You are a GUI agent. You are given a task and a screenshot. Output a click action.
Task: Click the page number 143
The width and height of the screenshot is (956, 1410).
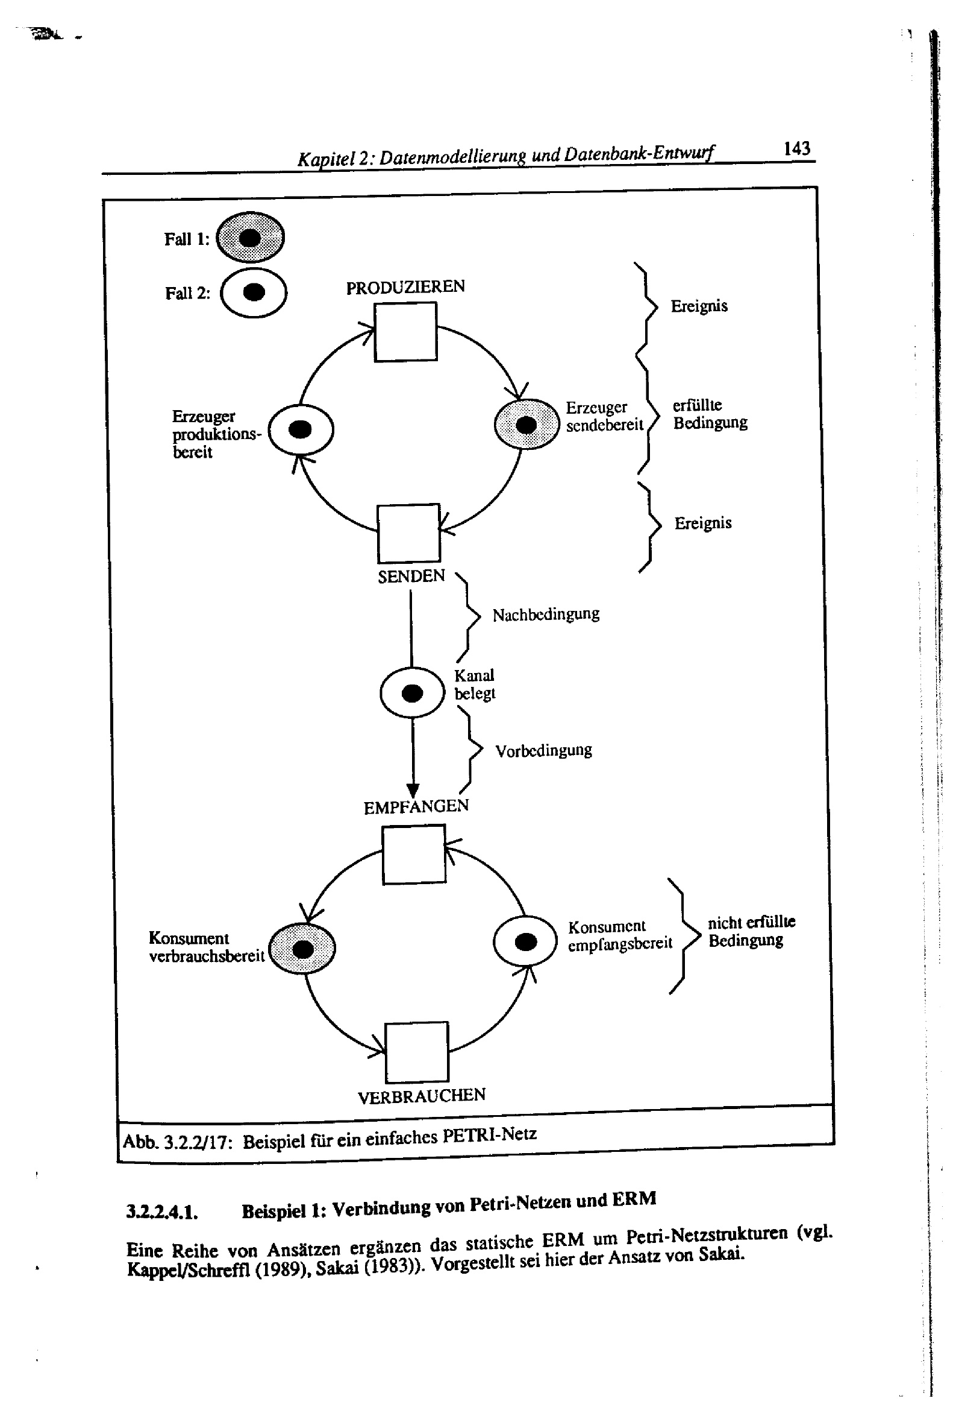coord(796,148)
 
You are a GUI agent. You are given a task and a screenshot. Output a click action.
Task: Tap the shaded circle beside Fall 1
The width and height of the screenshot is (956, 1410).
coord(250,237)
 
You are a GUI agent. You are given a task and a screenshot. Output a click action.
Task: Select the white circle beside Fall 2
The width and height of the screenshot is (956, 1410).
coord(254,292)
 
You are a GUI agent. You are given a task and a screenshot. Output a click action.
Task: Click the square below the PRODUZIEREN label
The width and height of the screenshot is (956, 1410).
coord(405,332)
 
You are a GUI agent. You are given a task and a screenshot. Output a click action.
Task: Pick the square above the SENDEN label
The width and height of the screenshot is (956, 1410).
coord(408,533)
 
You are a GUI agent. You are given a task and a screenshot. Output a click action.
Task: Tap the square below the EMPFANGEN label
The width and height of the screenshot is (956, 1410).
coord(414,854)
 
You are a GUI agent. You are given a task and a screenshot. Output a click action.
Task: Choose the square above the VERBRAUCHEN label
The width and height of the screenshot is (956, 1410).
coord(416,1051)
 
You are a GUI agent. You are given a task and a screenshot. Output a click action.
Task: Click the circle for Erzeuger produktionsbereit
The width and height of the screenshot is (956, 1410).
coord(301,429)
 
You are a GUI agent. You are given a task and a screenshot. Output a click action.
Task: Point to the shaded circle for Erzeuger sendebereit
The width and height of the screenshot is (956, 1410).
coord(526,424)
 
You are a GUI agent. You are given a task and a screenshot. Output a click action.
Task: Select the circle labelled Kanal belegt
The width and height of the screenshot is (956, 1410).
coord(412,692)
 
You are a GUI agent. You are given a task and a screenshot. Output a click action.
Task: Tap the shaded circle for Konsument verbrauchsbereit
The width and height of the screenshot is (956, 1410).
coord(302,948)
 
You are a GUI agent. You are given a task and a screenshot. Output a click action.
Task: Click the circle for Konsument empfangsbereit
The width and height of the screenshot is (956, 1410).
coord(525,941)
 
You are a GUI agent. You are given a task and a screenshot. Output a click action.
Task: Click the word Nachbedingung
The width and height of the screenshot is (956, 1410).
coord(546,615)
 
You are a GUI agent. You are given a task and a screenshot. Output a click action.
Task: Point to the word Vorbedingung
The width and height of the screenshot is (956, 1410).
coord(543,751)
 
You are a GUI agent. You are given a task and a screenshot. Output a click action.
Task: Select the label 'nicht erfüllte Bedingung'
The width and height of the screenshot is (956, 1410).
coord(751,931)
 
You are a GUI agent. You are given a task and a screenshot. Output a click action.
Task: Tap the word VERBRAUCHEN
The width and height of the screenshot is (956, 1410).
coord(421,1096)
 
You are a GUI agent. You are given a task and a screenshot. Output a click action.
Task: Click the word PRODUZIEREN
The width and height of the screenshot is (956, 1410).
coord(405,287)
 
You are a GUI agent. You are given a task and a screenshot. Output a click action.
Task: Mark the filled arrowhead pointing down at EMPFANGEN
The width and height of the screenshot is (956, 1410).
coord(413,790)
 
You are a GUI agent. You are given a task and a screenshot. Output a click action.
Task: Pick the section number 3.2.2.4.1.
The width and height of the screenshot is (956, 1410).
coord(162,1212)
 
